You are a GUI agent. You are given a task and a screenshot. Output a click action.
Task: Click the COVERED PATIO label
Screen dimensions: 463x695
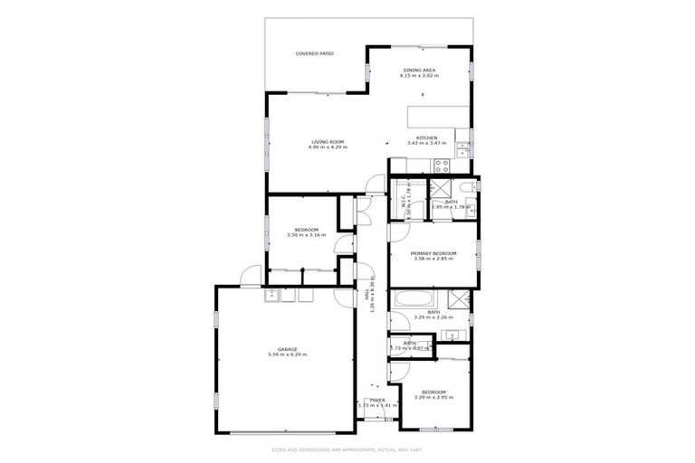point(314,54)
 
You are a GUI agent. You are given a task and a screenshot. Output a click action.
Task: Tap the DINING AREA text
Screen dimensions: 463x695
point(419,70)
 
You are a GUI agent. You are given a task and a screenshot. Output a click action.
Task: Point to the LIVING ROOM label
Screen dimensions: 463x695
point(328,141)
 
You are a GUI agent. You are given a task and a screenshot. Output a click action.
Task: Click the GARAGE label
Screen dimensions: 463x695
point(288,349)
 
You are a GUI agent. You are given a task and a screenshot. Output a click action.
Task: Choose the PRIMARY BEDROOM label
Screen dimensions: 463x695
point(433,253)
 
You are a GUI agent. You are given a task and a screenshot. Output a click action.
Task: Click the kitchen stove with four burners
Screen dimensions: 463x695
point(443,165)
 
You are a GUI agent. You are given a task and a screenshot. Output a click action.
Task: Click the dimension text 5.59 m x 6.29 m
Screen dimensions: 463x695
point(288,354)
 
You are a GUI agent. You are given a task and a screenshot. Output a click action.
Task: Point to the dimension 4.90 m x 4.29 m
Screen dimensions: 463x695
point(328,146)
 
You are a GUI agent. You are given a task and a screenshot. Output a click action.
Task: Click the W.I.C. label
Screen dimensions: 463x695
point(405,204)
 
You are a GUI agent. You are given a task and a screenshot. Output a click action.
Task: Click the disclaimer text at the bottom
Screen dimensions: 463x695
point(347,449)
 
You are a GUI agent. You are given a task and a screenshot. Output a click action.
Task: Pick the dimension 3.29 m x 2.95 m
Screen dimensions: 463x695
point(433,397)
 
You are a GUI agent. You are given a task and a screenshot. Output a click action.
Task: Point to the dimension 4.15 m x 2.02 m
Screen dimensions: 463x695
point(419,75)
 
